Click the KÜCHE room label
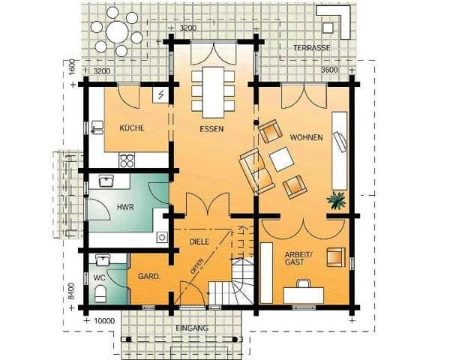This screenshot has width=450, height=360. [132, 128]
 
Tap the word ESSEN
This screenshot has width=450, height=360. [211, 129]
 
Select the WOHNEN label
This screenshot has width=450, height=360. [307, 137]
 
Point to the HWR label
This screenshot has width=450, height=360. [125, 207]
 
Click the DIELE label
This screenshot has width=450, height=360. [199, 241]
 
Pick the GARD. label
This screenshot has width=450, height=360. [148, 277]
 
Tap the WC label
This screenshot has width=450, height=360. [99, 277]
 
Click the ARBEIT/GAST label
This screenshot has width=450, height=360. [298, 258]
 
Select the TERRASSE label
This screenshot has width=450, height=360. [312, 48]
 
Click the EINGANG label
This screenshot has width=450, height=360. [192, 328]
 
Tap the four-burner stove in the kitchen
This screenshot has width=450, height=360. [127, 160]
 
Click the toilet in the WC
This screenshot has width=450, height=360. [100, 293]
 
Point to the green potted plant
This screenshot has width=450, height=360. [336, 200]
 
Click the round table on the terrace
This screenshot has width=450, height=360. [117, 31]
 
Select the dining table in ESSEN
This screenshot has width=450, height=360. [213, 92]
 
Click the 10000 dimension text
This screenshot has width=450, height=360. [104, 321]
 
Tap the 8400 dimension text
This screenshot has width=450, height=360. [71, 291]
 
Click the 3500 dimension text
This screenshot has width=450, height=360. [329, 70]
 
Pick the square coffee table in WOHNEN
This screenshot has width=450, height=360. [281, 159]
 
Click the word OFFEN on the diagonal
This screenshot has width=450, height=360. [196, 266]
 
